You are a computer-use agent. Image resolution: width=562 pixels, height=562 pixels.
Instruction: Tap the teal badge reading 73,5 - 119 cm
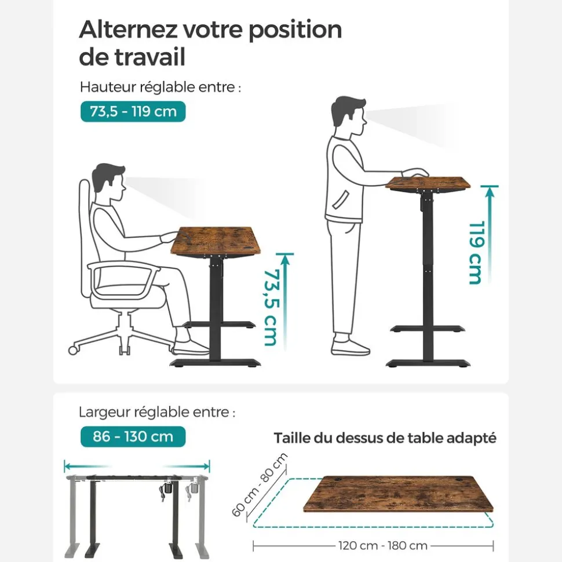coord(133,111)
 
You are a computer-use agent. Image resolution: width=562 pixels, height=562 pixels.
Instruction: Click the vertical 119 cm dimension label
coord(476,252)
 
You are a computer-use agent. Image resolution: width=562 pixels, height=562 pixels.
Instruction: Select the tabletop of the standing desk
coord(428,183)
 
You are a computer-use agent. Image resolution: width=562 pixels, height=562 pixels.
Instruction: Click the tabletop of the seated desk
coord(215,240)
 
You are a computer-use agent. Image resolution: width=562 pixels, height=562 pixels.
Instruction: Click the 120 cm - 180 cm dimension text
coord(382,545)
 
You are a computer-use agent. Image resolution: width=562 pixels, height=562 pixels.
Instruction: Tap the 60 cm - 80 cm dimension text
coord(259,486)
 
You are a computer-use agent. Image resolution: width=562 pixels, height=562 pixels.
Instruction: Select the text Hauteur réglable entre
coord(160,87)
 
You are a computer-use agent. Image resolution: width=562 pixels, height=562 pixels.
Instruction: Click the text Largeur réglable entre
coord(157,413)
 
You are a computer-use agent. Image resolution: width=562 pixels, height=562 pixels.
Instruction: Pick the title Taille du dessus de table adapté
coord(385,438)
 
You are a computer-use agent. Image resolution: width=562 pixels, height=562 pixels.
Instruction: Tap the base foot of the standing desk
coord(428,363)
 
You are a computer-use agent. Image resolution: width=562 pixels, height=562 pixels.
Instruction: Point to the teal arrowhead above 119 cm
coord(490,190)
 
